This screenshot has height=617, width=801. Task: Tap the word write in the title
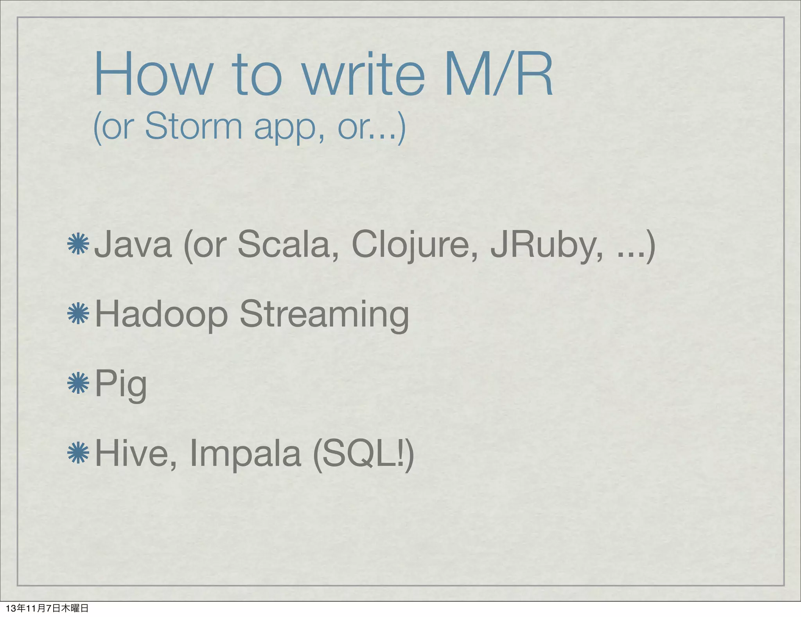(363, 74)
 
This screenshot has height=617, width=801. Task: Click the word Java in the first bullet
(133, 245)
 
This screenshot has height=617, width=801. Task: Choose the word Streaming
(324, 315)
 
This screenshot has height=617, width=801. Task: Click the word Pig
(121, 385)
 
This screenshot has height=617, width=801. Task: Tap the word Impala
(246, 455)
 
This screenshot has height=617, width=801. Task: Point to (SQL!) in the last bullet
(363, 455)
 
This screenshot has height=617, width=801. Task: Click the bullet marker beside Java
(78, 244)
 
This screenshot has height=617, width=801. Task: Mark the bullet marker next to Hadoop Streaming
(78, 313)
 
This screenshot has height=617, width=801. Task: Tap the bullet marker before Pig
(78, 382)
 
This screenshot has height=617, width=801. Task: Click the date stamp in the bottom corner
(47, 608)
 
